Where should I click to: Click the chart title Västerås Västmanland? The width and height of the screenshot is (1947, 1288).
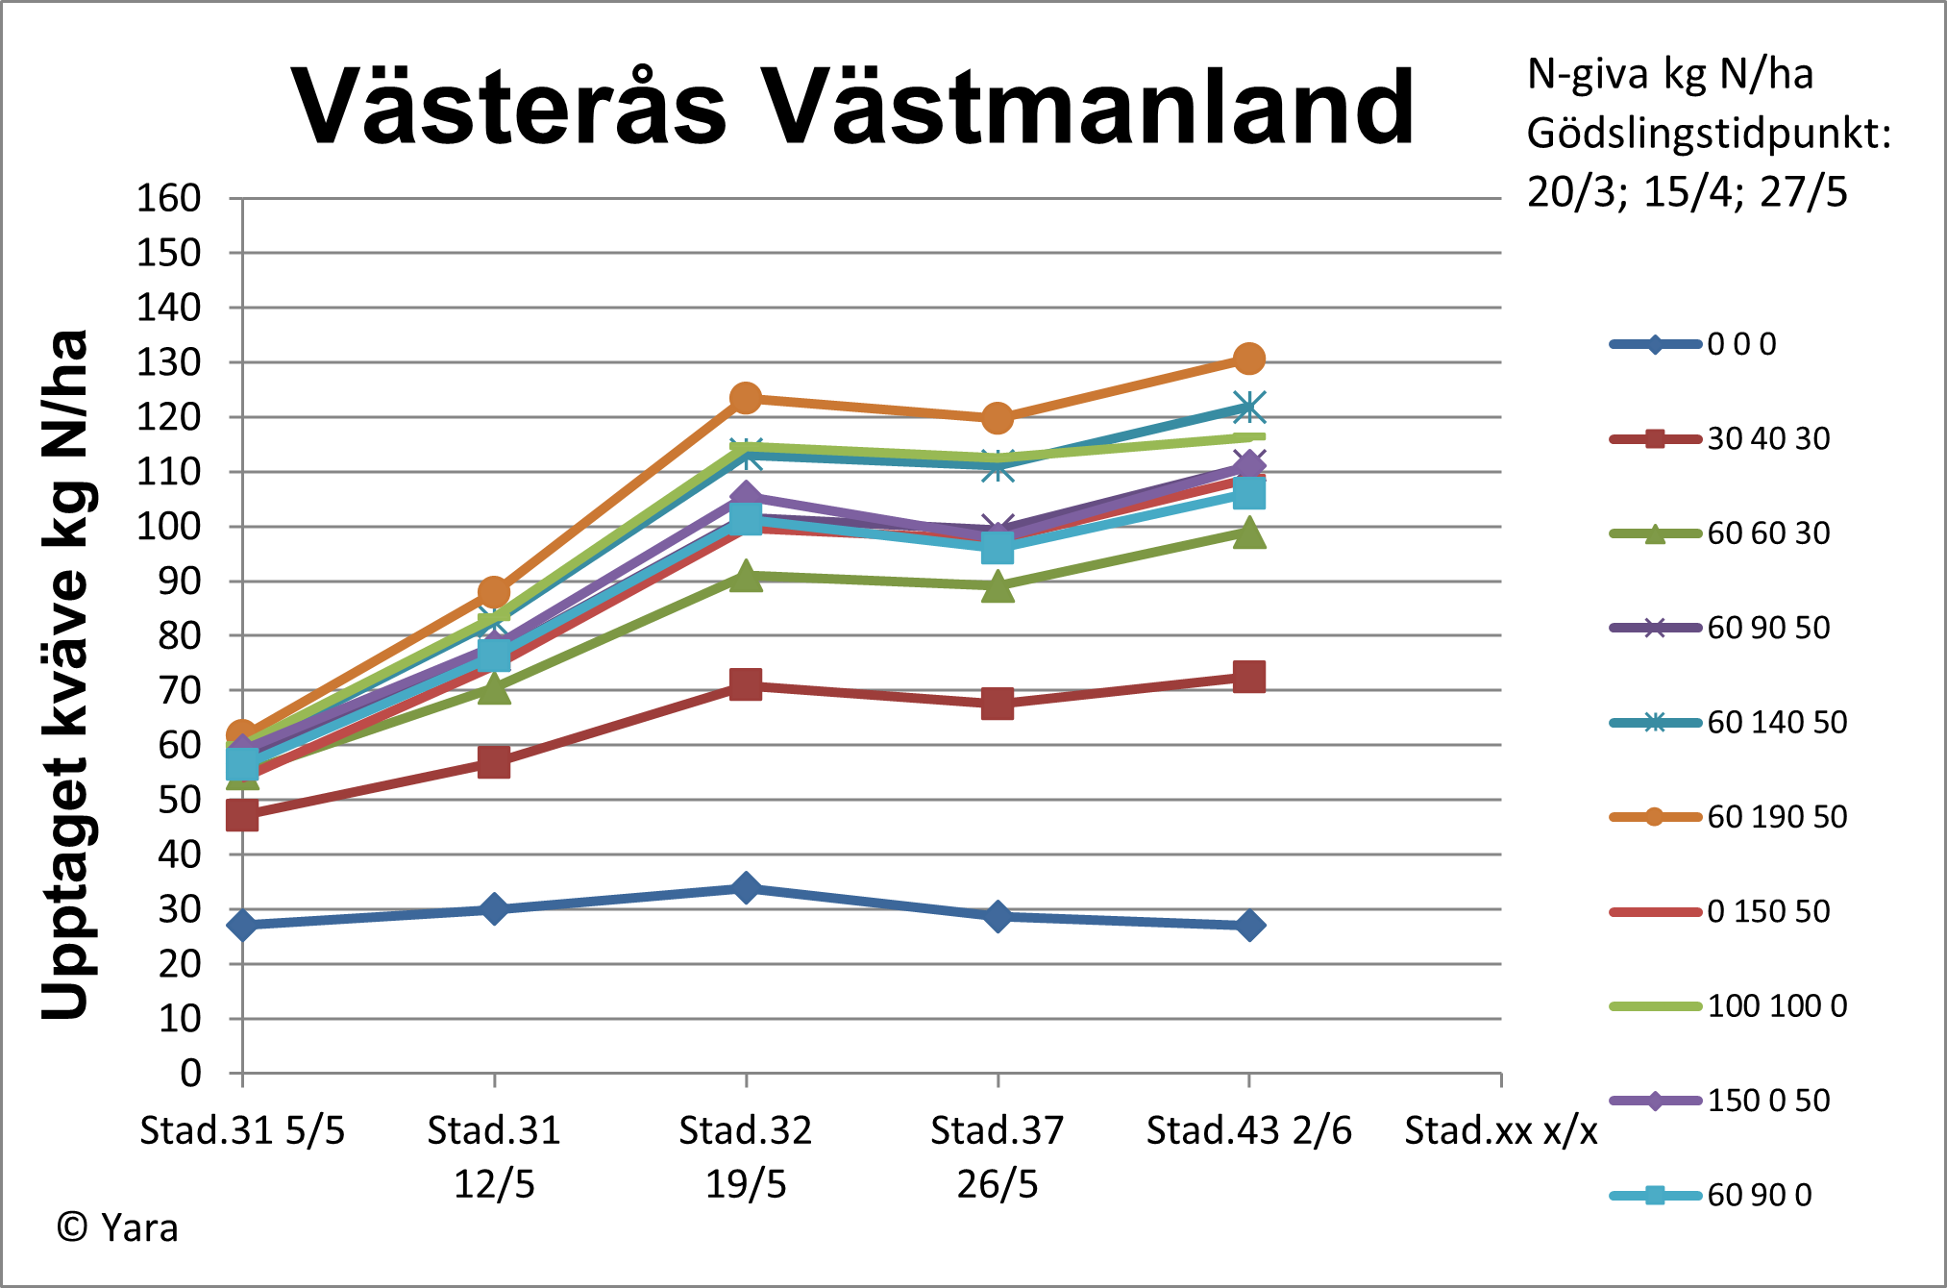(x=852, y=107)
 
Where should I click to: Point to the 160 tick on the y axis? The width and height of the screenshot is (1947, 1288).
(x=168, y=198)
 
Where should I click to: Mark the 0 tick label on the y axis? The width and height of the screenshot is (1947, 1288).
(x=190, y=1073)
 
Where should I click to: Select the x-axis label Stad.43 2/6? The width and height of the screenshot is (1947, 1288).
(x=1248, y=1131)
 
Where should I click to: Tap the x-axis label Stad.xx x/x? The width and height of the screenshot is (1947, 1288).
(x=1500, y=1131)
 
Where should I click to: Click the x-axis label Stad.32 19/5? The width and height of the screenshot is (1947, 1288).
(x=746, y=1156)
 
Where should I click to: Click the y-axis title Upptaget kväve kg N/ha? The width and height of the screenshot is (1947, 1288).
(x=65, y=673)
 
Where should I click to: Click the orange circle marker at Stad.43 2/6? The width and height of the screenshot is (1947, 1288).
(x=1248, y=359)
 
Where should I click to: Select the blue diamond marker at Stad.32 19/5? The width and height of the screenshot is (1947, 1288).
(x=746, y=887)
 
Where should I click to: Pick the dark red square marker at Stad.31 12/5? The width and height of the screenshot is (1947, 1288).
(x=494, y=762)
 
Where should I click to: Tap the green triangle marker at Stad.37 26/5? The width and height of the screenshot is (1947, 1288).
(x=998, y=586)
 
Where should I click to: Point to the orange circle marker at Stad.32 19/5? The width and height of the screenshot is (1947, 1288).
(x=746, y=398)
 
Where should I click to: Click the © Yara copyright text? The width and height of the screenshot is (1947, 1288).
(x=117, y=1228)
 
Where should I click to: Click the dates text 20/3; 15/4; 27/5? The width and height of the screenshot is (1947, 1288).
(x=1687, y=192)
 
